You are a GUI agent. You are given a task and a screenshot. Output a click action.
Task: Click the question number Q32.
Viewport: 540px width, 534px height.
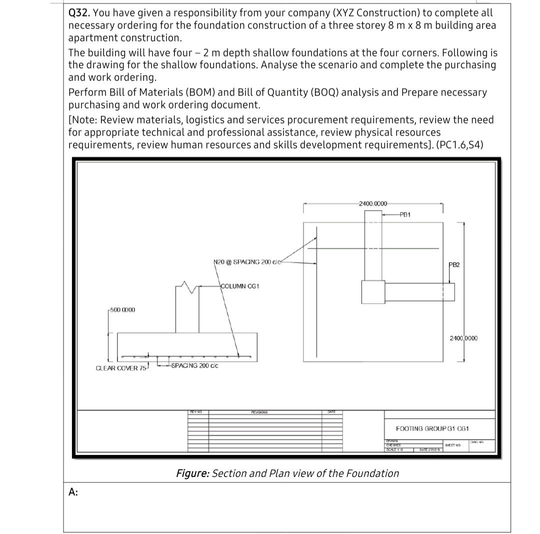pyautogui.click(x=79, y=12)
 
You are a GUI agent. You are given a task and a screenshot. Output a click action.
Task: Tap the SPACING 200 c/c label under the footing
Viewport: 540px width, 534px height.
pyautogui.click(x=194, y=365)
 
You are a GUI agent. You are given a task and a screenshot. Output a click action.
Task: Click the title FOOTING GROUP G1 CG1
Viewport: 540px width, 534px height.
pyautogui.click(x=432, y=428)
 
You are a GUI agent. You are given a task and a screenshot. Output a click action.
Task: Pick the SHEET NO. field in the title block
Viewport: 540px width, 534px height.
pyautogui.click(x=451, y=444)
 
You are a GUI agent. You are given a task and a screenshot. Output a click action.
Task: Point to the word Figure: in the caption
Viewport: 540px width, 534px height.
pyautogui.click(x=192, y=473)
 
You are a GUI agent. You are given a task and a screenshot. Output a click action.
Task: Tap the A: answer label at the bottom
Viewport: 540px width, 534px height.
pyautogui.click(x=73, y=492)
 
